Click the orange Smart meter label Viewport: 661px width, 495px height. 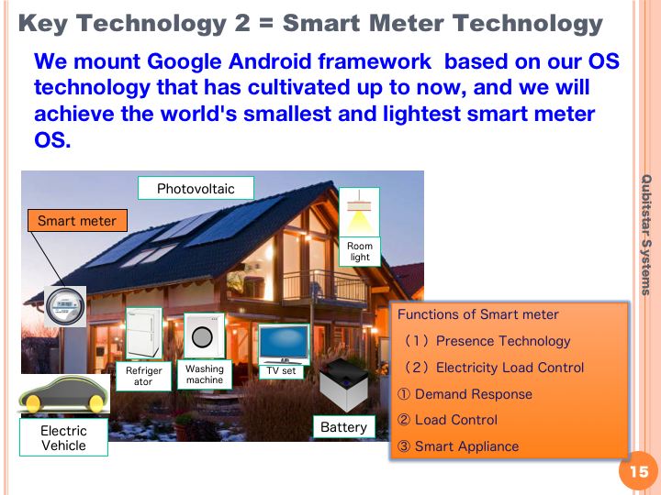coord(77,221)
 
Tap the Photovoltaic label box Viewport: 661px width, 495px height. coord(196,188)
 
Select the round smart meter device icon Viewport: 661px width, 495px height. coord(65,307)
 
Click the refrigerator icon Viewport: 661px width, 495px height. coord(144,333)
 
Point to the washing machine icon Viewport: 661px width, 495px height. coord(204,335)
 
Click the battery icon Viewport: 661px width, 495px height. coord(344,384)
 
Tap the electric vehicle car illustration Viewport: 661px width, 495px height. coord(63,394)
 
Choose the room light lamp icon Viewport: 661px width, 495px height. coord(359,212)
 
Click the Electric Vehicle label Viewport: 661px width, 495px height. coord(63,438)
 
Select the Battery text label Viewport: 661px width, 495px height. coord(343,427)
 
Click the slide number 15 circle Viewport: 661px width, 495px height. coord(638,470)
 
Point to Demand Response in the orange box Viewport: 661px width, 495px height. coord(465,394)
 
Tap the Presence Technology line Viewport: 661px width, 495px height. coord(487,340)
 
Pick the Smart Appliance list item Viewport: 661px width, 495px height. coord(458,446)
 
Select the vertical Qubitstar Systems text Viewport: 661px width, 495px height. coord(645,235)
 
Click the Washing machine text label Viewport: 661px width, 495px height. coord(205,374)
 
